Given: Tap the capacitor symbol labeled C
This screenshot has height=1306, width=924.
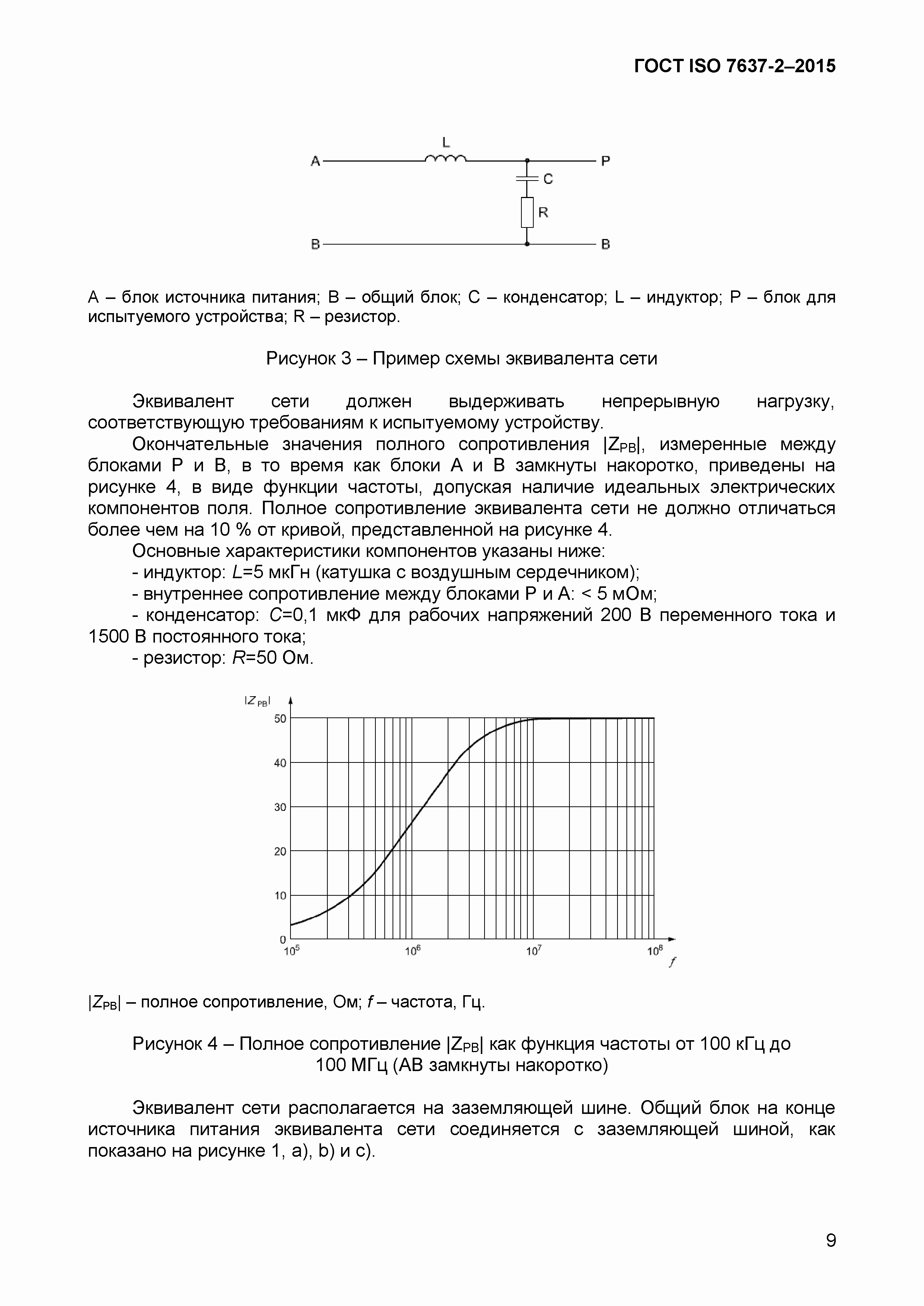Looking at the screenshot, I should point(527,179).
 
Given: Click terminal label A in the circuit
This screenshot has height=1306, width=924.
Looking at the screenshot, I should point(315,162).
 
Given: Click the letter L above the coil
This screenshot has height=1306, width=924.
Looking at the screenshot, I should point(446,142).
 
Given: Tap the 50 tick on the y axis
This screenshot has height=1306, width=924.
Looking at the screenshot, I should point(280,719).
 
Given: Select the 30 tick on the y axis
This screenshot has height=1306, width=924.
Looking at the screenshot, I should point(280,807).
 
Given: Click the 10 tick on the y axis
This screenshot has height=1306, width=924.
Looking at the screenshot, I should point(280,896).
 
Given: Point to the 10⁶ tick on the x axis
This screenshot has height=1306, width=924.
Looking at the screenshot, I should point(413,950).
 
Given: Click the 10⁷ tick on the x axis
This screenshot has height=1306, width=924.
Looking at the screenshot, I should point(533,950).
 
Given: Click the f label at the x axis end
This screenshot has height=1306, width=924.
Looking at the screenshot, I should point(673,962).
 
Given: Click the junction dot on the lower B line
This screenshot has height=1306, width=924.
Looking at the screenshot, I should point(527,244).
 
